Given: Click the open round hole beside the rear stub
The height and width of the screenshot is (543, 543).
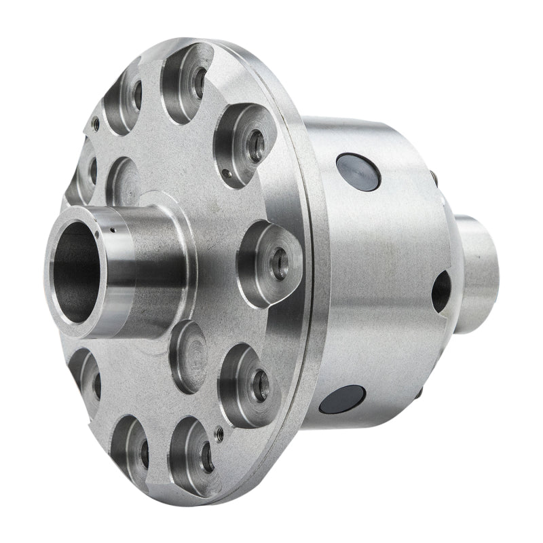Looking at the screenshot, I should pos(441,288).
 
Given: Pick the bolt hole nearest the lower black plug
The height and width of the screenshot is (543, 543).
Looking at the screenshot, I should pos(259,385).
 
